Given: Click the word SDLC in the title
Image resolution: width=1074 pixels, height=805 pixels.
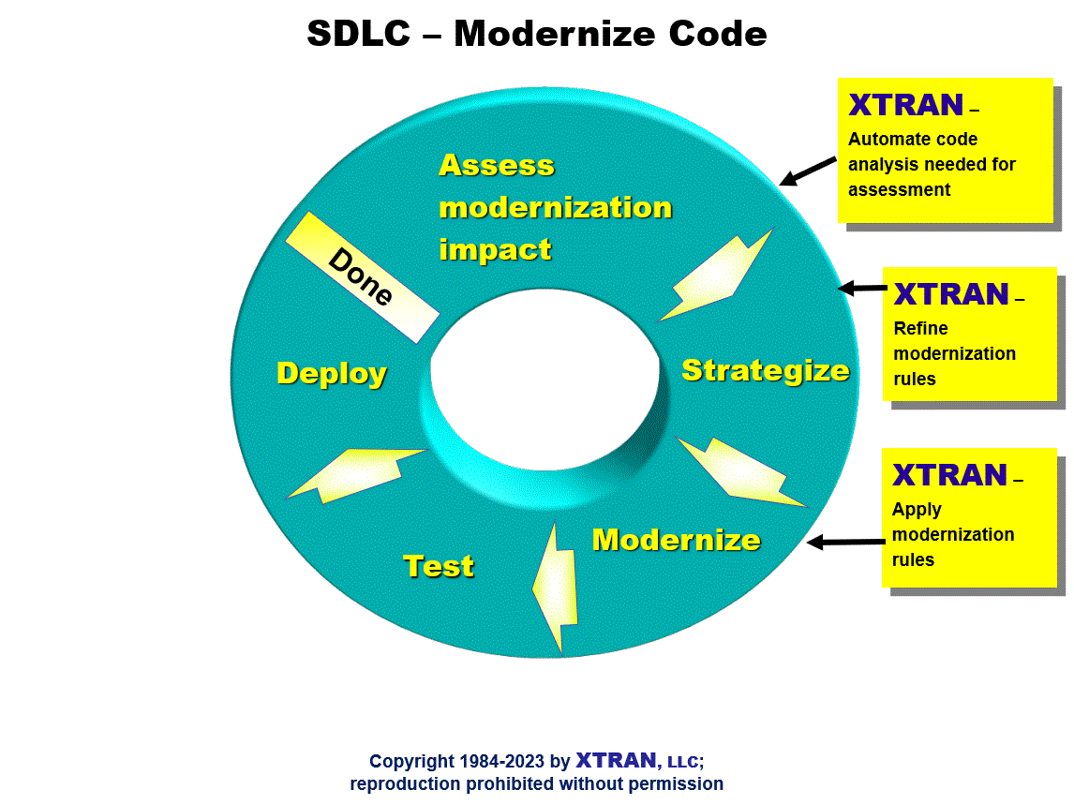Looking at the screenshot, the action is pos(358,34).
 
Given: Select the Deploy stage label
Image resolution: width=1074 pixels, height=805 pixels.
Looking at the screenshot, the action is pos(332,373).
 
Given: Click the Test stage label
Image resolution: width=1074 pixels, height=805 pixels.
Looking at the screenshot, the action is pos(439,566).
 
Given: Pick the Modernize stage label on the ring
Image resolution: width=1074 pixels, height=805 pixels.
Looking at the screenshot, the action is pos(676,540).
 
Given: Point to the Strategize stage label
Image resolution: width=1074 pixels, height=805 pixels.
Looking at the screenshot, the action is pos(766,371).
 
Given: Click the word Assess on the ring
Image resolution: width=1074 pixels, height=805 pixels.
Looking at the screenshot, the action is pos(497,165).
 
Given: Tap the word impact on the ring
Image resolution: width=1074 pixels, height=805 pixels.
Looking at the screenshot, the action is pos(495,249).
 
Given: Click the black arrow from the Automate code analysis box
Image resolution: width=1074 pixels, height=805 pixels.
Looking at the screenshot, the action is pos(808,171).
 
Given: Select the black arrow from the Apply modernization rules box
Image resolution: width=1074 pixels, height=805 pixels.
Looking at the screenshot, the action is pos(846,543).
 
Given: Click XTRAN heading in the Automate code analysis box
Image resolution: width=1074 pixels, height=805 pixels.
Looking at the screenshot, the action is pos(905,105).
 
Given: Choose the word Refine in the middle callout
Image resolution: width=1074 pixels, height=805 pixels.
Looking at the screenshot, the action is pos(920,328).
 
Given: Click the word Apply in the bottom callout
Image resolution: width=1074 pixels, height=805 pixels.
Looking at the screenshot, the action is pos(917,510).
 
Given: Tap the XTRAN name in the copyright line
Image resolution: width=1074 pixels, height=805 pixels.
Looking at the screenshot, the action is pos(616,760).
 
